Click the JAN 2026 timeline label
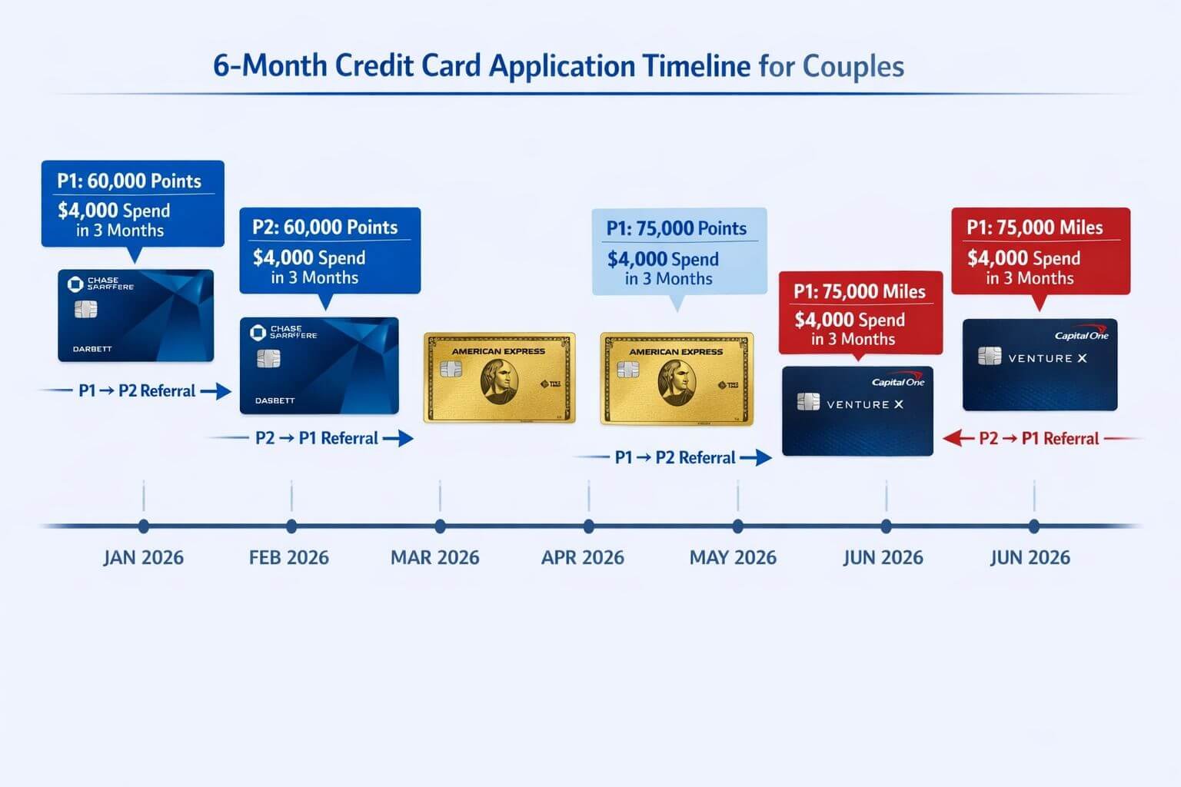click(144, 557)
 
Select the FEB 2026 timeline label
click(289, 557)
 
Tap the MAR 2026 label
click(435, 557)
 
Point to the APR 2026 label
click(583, 557)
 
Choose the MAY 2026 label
click(733, 557)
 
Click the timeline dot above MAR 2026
click(440, 526)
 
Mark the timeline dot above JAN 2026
click(144, 526)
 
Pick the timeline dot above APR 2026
click(589, 526)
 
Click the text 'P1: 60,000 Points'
click(129, 181)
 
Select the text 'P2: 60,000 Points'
click(325, 227)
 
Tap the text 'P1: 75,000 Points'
click(677, 228)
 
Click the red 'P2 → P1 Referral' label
click(1039, 439)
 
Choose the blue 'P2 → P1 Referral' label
click(316, 438)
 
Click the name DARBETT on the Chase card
click(92, 349)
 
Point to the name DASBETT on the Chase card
click(274, 400)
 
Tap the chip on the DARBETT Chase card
click(85, 309)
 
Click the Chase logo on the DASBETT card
click(258, 332)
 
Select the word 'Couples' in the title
click(853, 66)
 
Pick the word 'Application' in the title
click(563, 67)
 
